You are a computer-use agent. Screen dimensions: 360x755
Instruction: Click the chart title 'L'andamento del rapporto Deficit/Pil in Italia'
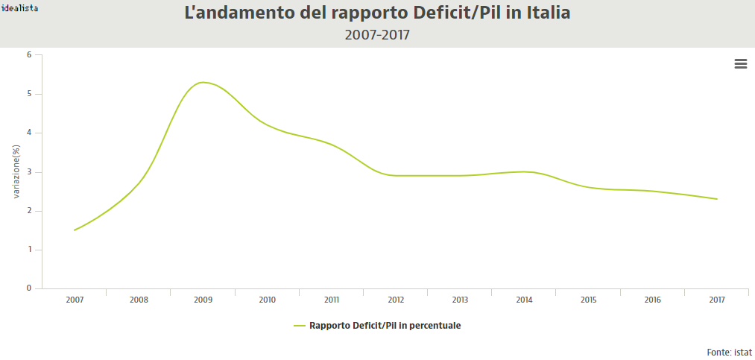tap(377, 13)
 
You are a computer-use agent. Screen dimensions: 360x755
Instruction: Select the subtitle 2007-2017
tap(377, 35)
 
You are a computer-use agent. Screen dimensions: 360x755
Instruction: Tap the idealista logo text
tap(20, 7)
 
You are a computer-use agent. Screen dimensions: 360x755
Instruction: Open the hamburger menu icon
tap(741, 64)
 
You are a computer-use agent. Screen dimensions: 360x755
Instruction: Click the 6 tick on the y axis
tap(29, 55)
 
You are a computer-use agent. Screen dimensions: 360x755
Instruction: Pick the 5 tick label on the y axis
tap(29, 94)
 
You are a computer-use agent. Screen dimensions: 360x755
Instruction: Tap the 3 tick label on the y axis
tap(29, 172)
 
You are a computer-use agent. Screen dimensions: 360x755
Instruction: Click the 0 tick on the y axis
tap(29, 288)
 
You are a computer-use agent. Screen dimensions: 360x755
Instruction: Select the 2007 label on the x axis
tap(75, 300)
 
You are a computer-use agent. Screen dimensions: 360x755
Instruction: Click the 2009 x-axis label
tap(203, 300)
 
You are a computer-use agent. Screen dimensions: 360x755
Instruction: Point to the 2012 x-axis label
tap(396, 300)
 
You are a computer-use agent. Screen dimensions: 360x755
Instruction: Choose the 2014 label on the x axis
tap(525, 300)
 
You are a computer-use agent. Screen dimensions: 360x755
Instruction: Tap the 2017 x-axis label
tap(717, 300)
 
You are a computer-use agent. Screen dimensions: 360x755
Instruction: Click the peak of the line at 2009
tap(203, 82)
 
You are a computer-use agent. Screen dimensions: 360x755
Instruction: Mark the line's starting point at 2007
tap(75, 230)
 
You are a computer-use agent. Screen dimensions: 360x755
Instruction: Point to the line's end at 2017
tap(717, 199)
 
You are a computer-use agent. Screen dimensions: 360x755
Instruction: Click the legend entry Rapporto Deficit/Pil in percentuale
tap(385, 326)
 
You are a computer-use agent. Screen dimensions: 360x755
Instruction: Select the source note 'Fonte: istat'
tap(729, 352)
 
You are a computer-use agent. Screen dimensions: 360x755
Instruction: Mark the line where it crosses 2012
tap(396, 176)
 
